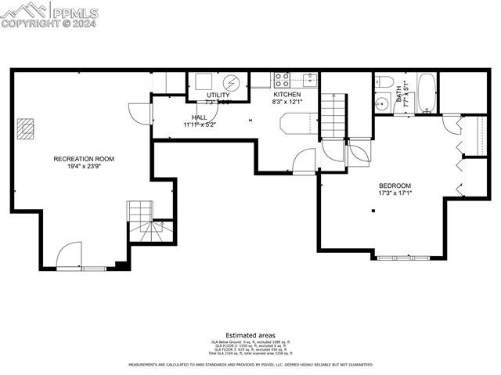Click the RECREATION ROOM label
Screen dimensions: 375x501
pyautogui.click(x=84, y=159)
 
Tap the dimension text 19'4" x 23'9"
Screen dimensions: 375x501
pyautogui.click(x=84, y=166)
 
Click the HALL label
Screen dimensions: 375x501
pyautogui.click(x=199, y=117)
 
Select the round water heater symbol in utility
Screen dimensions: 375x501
pyautogui.click(x=231, y=82)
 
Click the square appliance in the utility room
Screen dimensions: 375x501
pyautogui.click(x=203, y=81)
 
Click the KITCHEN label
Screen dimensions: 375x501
pyautogui.click(x=287, y=94)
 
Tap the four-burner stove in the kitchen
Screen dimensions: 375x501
pyautogui.click(x=282, y=79)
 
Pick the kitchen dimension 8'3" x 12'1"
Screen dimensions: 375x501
pyautogui.click(x=287, y=102)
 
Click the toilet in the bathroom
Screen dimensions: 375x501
pyautogui.click(x=384, y=82)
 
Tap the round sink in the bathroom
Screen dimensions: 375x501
pyautogui.click(x=383, y=104)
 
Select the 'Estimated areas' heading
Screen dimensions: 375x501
pyautogui.click(x=250, y=335)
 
